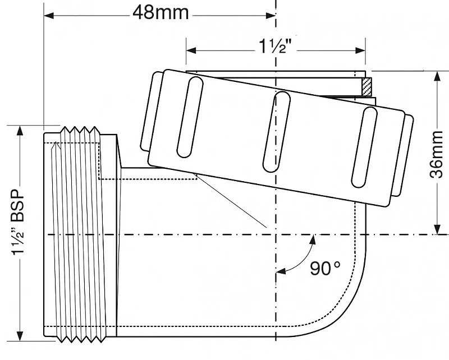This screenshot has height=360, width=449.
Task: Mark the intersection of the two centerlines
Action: coord(276,234)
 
